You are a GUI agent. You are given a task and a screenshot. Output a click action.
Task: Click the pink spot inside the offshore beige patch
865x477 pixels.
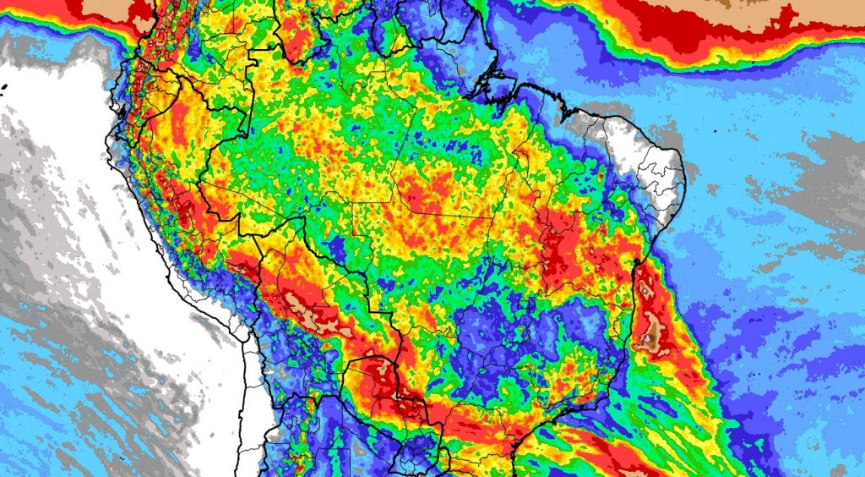[649, 341]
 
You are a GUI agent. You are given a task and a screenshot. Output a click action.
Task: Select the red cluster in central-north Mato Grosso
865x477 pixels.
[422, 195]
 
